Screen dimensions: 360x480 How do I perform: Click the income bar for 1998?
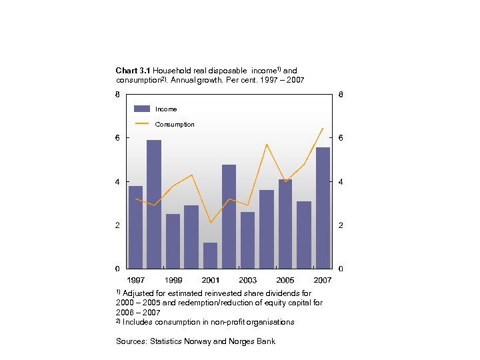click(154, 204)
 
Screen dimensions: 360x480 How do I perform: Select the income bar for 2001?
click(210, 255)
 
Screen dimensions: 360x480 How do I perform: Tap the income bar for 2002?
click(229, 216)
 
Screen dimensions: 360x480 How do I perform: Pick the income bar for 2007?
click(323, 207)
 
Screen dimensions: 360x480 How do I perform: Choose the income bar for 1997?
click(135, 227)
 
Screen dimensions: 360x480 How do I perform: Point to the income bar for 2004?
click(267, 229)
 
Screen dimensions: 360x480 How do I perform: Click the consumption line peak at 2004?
click(267, 144)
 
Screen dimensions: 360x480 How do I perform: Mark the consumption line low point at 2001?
click(210, 223)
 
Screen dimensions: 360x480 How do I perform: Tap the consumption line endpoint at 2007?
click(323, 128)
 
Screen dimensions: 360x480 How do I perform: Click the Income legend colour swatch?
click(141, 109)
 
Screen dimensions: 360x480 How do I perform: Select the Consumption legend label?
click(175, 125)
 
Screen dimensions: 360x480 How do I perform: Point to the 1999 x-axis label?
click(173, 280)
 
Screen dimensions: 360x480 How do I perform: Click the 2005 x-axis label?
click(285, 280)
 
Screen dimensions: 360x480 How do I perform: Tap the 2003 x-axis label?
click(247, 280)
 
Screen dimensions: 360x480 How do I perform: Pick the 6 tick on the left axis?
click(117, 138)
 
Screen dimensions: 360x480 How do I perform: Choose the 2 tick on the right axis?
click(341, 225)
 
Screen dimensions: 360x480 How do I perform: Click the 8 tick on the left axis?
click(117, 95)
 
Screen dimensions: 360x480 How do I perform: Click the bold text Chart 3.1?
click(133, 71)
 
